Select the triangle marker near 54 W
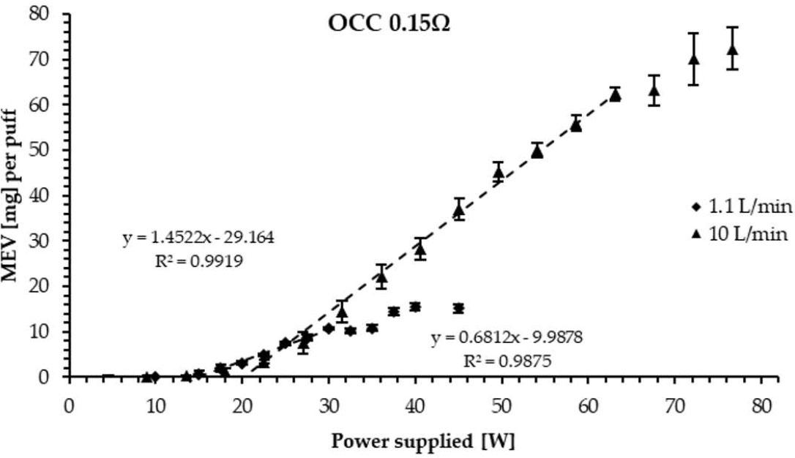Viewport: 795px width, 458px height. pos(537,151)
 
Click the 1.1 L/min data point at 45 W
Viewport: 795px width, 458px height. pos(458,309)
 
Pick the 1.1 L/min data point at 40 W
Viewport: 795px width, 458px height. pos(415,307)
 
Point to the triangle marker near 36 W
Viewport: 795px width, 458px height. pos(381,277)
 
